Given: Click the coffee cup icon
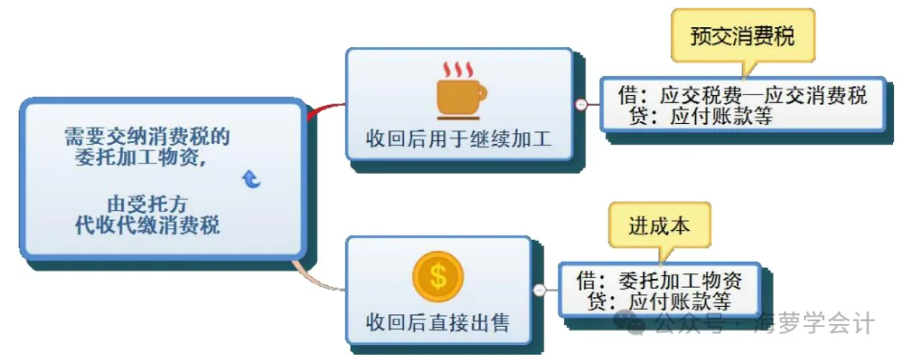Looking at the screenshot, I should point(459,97).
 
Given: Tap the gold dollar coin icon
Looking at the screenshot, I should point(438,276).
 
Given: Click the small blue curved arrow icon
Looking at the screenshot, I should point(252,178).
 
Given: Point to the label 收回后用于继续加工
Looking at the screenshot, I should point(458,139).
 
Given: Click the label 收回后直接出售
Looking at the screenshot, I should point(437,323).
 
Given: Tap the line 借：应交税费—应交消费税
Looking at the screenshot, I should point(742,96).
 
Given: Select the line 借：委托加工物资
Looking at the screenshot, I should point(659,281).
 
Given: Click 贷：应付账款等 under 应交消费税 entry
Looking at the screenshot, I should point(700,116).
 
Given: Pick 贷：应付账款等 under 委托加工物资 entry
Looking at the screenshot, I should point(659,301).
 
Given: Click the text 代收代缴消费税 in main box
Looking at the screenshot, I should point(148,226).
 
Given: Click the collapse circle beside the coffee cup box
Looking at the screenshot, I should point(581,105).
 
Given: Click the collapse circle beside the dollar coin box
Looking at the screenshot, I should point(539,290).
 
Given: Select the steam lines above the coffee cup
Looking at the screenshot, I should point(458,70).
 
